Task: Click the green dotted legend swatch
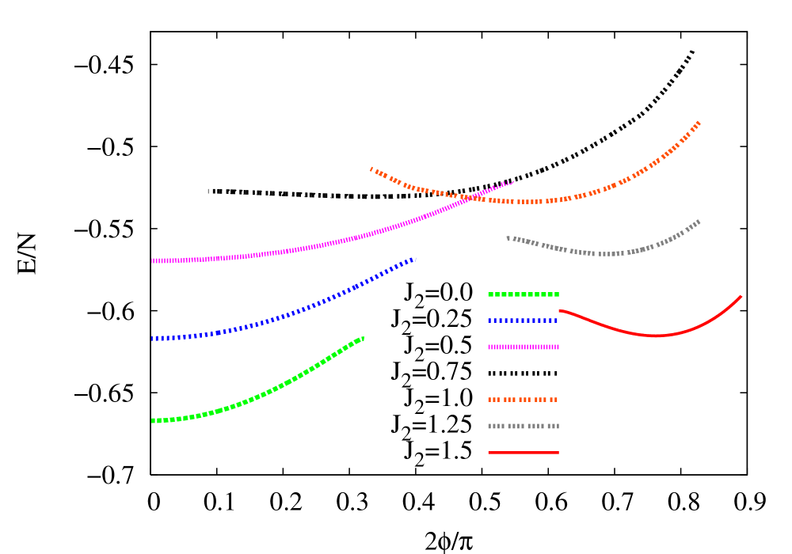[524, 294]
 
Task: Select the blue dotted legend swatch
[524, 321]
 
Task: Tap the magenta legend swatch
[524, 347]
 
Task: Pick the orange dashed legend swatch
[524, 400]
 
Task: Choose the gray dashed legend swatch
[524, 426]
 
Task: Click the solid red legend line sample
[524, 453]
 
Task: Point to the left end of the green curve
[153, 421]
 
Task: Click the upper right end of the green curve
[363, 338]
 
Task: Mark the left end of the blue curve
[153, 339]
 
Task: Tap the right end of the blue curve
[414, 259]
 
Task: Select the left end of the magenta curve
[153, 260]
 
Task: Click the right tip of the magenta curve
[513, 181]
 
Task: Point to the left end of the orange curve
[371, 168]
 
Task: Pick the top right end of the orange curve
[699, 122]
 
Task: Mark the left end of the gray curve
[508, 237]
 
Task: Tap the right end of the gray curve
[699, 221]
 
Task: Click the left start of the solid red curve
[560, 311]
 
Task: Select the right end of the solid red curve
[741, 297]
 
